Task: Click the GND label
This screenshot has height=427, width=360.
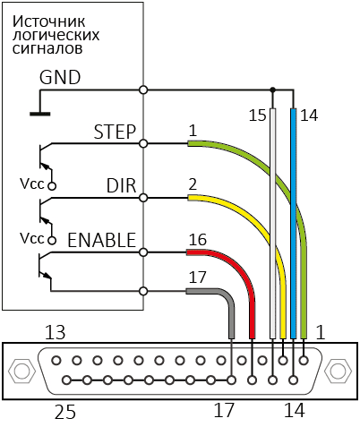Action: tap(60, 77)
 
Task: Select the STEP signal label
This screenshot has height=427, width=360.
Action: tap(115, 132)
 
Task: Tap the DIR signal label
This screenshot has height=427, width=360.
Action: tap(121, 185)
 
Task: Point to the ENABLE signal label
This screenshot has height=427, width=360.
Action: tap(102, 240)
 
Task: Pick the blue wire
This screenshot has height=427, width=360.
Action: tap(294, 224)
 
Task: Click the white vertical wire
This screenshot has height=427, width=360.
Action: tap(272, 224)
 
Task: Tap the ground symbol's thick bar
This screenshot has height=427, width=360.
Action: tap(40, 114)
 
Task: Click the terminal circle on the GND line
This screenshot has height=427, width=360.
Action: tap(143, 90)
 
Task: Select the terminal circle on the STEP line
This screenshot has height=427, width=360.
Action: tap(143, 144)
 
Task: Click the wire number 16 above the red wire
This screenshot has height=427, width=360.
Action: tap(198, 240)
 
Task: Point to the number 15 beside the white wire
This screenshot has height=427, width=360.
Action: tap(257, 115)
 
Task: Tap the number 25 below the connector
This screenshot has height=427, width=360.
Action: tap(65, 412)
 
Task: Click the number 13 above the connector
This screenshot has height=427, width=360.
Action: tap(56, 332)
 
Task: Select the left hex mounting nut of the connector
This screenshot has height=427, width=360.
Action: tap(20, 371)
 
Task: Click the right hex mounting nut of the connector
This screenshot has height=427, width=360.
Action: tap(339, 371)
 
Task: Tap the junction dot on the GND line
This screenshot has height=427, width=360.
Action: tap(272, 90)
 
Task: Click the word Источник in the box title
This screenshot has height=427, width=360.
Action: tap(49, 21)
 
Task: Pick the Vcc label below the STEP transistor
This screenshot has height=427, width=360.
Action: tap(32, 184)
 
